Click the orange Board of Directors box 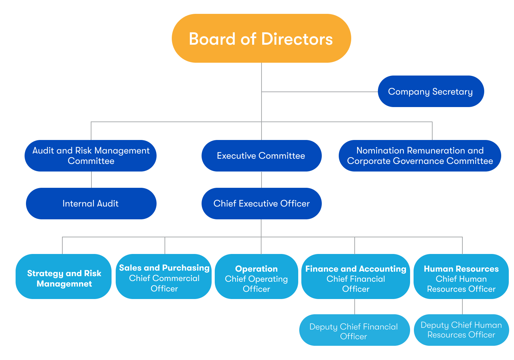[x=261, y=38]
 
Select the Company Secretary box [x=431, y=91]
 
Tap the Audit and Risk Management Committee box [x=91, y=156]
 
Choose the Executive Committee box [x=261, y=156]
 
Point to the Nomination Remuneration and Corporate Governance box [x=420, y=156]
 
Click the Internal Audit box [x=91, y=203]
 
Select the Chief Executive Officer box [x=261, y=203]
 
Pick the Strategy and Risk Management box [x=64, y=276]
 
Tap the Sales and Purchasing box [x=164, y=276]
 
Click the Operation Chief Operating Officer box [x=256, y=276]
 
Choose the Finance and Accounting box [x=355, y=276]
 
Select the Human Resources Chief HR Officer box [x=461, y=276]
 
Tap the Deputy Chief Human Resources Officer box [x=461, y=330]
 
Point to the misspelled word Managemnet [x=64, y=284]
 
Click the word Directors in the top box [x=297, y=39]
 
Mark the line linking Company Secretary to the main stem [x=319, y=92]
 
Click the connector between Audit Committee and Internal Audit [x=91, y=179]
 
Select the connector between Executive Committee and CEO [x=262, y=179]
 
